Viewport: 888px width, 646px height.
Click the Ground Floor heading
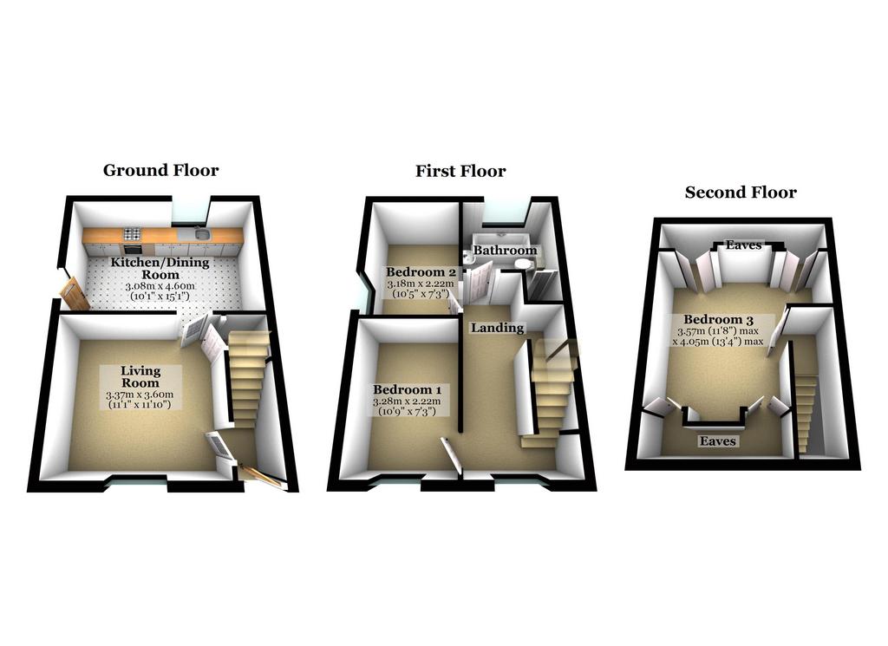click(x=160, y=171)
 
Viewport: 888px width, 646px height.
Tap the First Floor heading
click(x=460, y=171)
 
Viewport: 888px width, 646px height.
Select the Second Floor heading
click(x=741, y=192)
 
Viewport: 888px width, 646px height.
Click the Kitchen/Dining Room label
click(x=160, y=268)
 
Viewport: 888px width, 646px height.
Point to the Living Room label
click(x=141, y=377)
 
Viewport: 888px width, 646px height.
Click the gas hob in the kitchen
click(x=133, y=233)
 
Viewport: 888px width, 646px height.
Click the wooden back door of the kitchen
click(x=75, y=295)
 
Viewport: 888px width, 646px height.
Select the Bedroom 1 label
click(x=408, y=389)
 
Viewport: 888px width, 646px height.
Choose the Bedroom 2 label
click(x=421, y=271)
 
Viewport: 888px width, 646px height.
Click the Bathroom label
click(x=506, y=251)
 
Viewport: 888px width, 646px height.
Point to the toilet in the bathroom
click(x=524, y=264)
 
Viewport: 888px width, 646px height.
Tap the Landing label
click(x=498, y=328)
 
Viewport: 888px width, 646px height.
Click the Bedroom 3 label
click(x=718, y=319)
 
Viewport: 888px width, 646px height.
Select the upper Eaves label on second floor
click(x=743, y=245)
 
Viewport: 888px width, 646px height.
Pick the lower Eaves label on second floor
click(x=717, y=441)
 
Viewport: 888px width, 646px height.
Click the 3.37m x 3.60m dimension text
click(x=140, y=395)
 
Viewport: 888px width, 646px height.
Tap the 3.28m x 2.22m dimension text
click(x=407, y=401)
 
